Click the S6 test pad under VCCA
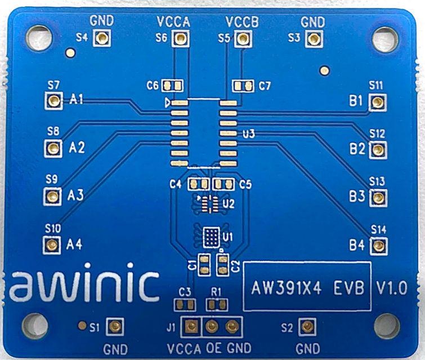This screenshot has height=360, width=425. click(180, 38)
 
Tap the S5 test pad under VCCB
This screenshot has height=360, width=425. click(243, 38)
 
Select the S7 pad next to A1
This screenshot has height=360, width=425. click(53, 101)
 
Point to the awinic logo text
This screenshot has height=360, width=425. click(84, 286)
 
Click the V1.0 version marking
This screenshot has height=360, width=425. click(391, 288)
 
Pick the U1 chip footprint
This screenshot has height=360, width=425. click(211, 237)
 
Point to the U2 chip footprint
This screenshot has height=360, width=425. click(209, 203)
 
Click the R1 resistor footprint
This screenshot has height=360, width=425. click(214, 305)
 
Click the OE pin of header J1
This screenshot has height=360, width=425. click(212, 327)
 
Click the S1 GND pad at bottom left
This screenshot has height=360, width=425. click(115, 326)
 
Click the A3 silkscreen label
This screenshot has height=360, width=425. click(75, 195)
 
